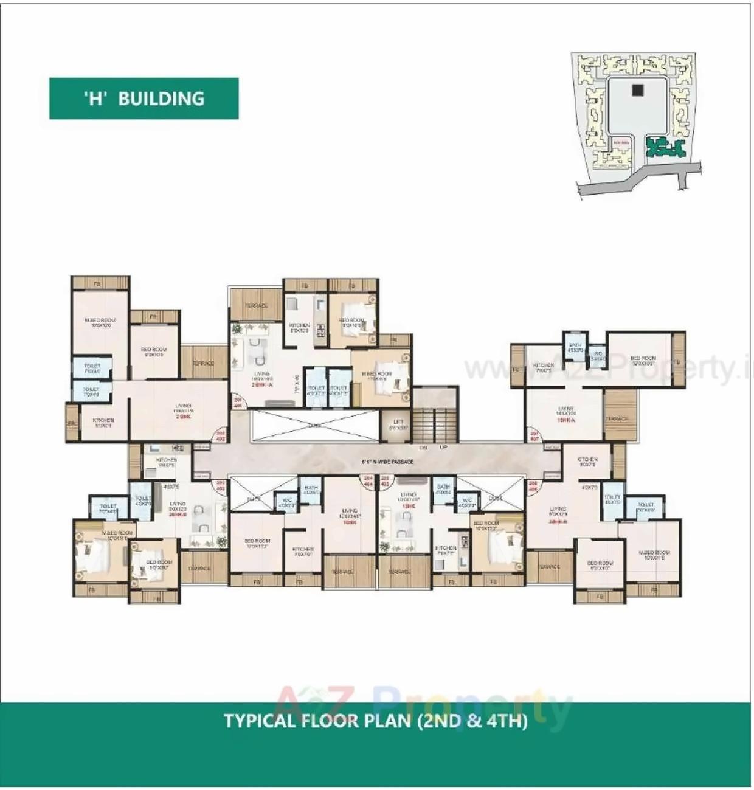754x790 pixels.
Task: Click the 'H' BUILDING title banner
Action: [144, 99]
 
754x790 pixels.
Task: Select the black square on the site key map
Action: [637, 90]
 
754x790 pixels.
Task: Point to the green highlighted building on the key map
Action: [664, 147]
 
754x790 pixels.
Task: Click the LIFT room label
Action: [398, 424]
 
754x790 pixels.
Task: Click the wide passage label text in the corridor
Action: [387, 462]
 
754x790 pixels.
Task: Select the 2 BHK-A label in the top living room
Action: [262, 385]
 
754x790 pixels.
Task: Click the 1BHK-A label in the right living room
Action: [565, 420]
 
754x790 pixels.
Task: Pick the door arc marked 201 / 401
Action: [238, 402]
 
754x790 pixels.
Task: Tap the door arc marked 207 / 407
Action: [534, 435]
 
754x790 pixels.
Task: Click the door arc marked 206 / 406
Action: [533, 486]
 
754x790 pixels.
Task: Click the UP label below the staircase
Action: [443, 448]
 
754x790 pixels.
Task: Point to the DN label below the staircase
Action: [423, 448]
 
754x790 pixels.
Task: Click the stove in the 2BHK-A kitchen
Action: [321, 331]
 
